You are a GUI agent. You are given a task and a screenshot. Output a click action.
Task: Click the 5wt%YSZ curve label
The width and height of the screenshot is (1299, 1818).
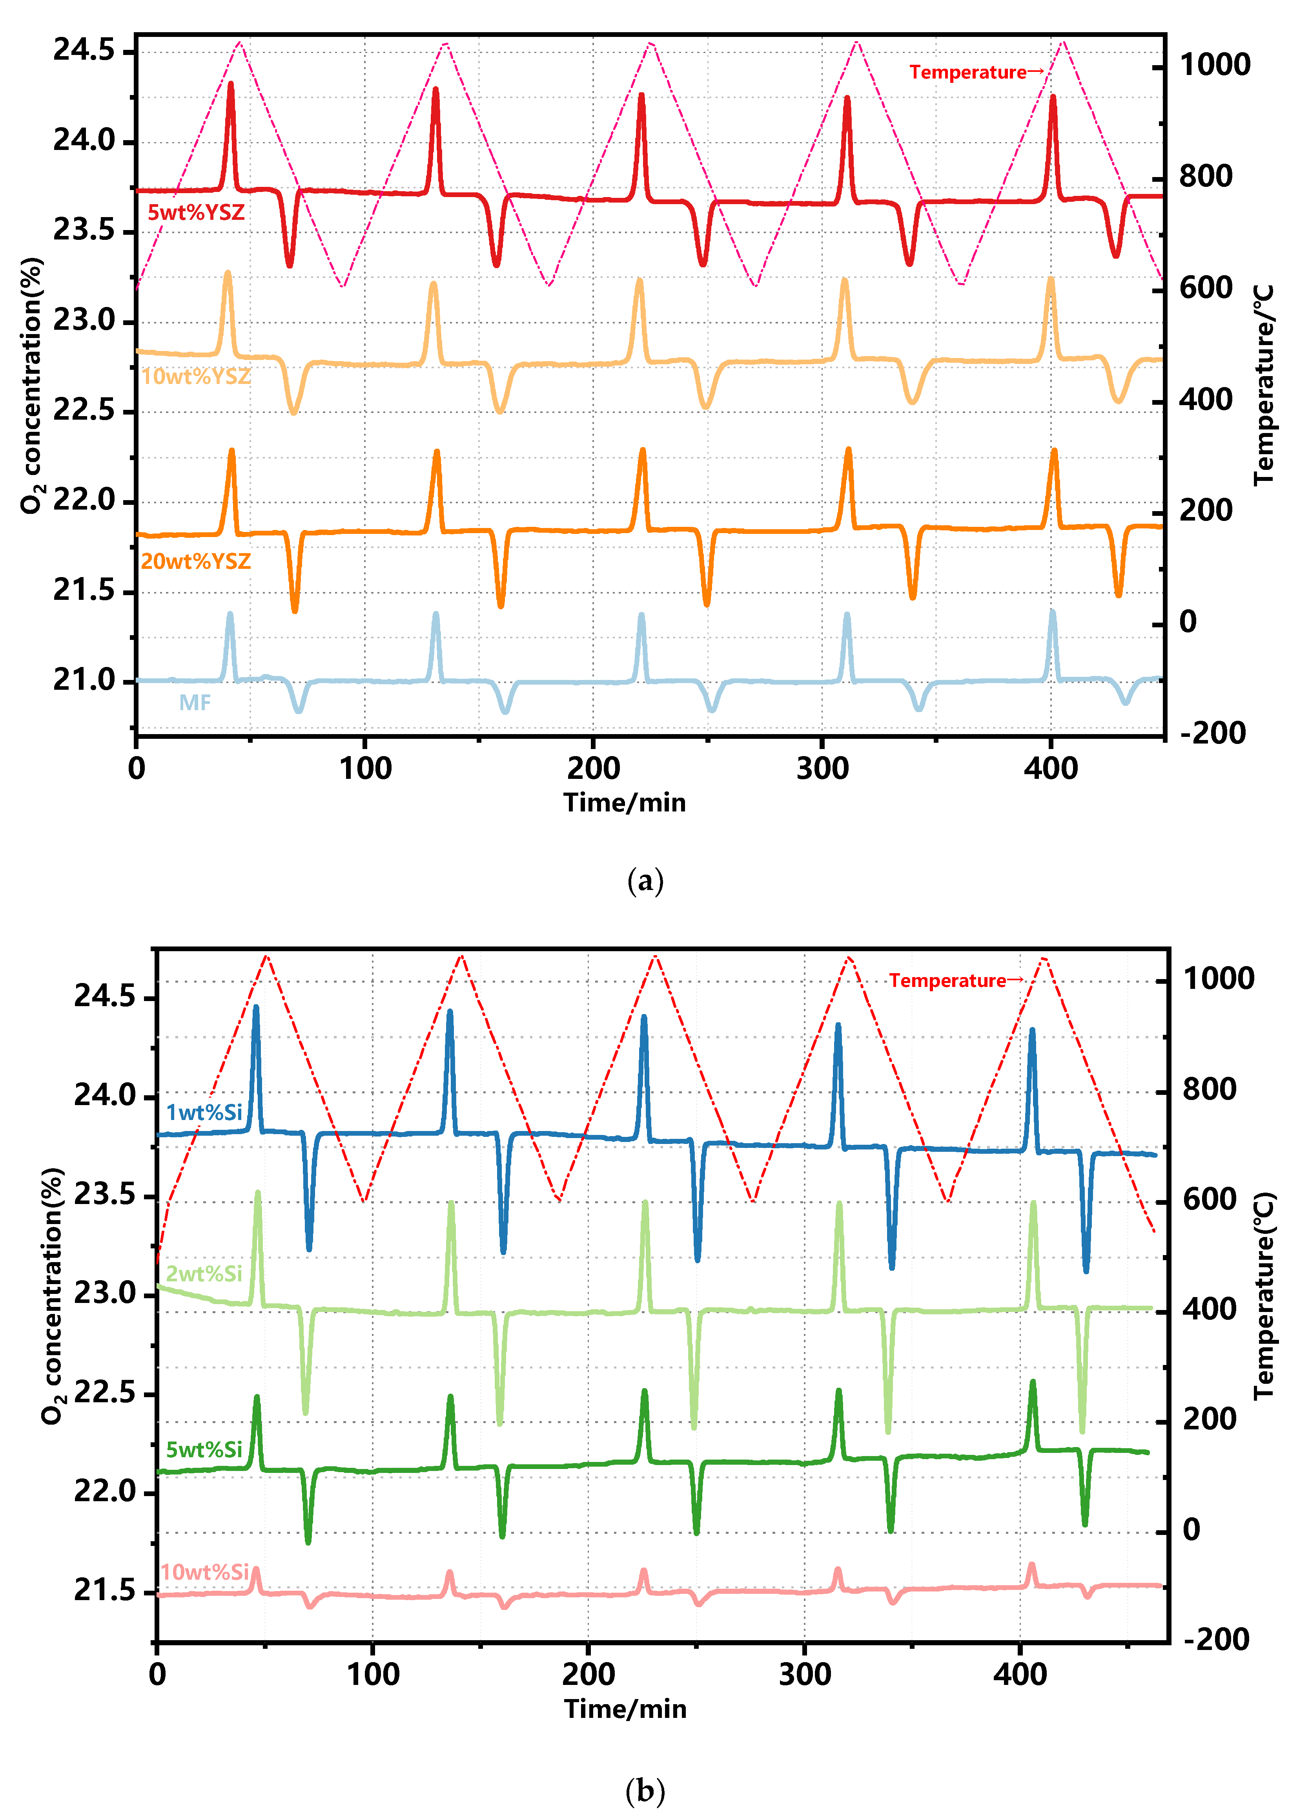click(x=196, y=213)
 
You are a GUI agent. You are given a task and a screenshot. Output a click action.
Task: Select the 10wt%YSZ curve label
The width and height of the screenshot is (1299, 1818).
click(x=196, y=376)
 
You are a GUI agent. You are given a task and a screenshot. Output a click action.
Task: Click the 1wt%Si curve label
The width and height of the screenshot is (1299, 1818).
click(x=204, y=1112)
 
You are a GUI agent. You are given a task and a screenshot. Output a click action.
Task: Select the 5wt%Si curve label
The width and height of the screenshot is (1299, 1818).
click(x=204, y=1450)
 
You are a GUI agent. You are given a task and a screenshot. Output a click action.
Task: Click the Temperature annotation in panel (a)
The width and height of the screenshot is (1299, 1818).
click(x=976, y=72)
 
